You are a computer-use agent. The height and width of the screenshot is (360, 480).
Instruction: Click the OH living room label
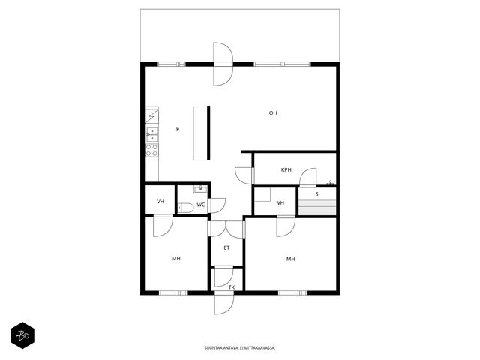pyautogui.click(x=273, y=113)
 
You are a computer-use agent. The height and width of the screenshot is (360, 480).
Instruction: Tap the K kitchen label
pyautogui.click(x=178, y=130)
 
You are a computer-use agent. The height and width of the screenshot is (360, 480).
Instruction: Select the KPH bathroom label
pyautogui.click(x=286, y=170)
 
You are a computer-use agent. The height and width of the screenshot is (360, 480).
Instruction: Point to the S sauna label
pyautogui.click(x=316, y=194)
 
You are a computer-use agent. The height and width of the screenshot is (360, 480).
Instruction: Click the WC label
pyautogui.click(x=200, y=205)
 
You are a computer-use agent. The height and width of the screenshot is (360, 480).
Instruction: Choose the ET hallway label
pyautogui.click(x=226, y=248)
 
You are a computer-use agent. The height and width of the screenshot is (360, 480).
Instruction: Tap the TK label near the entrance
pyautogui.click(x=232, y=287)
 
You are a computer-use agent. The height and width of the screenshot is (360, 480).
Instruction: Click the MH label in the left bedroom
pyautogui.click(x=176, y=259)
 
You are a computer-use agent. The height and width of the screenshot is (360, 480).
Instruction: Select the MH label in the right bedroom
pyautogui.click(x=291, y=259)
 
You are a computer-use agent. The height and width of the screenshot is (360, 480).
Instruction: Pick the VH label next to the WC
pyautogui.click(x=160, y=202)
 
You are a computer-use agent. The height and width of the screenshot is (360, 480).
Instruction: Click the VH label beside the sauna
pyautogui.click(x=280, y=203)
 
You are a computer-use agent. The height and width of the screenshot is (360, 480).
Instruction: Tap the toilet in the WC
pyautogui.click(x=185, y=208)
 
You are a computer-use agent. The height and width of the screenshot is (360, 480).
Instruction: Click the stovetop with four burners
pyautogui.click(x=151, y=150)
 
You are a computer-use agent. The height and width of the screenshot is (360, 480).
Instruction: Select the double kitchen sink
pyautogui.click(x=151, y=135)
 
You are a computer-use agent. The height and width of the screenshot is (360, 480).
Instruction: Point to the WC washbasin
pyautogui.click(x=200, y=189)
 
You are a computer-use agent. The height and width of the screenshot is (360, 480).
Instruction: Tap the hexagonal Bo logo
pyautogui.click(x=22, y=335)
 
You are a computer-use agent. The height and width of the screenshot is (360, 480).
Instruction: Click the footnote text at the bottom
pyautogui.click(x=240, y=348)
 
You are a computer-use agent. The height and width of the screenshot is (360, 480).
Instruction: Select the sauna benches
pyautogui.click(x=317, y=207)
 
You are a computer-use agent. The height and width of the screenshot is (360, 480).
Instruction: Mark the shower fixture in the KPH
pyautogui.click(x=330, y=183)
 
